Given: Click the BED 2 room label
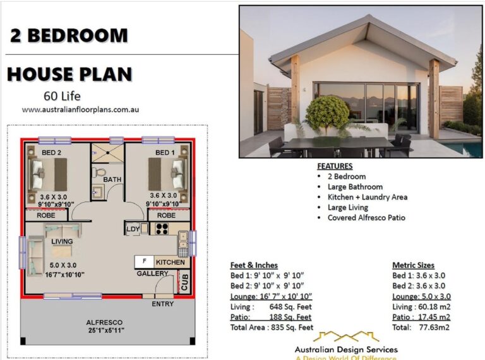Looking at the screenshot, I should [x=52, y=153].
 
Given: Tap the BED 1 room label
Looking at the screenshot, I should [x=165, y=153].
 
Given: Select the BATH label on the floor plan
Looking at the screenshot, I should [x=112, y=179].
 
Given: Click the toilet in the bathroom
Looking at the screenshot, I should [x=99, y=171].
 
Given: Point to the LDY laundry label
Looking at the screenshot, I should [x=133, y=229].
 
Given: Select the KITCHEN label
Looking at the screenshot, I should [x=171, y=261].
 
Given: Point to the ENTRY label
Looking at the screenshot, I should [x=162, y=304].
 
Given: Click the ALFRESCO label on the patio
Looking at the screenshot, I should [x=104, y=322].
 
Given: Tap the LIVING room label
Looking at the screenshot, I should [x=62, y=241].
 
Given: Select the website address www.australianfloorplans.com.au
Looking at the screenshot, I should [x=80, y=109].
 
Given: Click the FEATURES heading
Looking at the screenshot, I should [x=335, y=166].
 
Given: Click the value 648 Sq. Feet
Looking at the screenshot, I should [x=291, y=306].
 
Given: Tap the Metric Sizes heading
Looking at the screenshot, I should [x=413, y=265].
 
